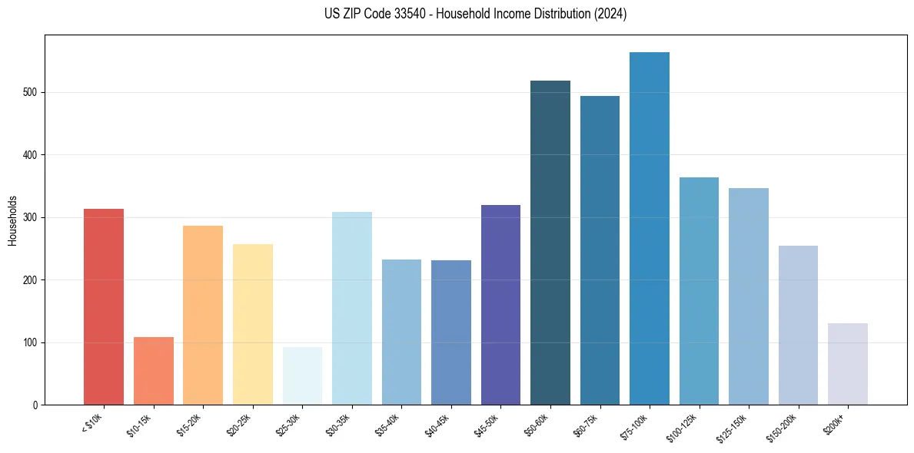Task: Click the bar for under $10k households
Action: pos(104,307)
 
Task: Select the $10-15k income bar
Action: pos(153,371)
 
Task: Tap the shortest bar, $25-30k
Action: pos(302,376)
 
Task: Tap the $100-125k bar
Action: pos(699,291)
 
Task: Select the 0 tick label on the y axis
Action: pos(35,405)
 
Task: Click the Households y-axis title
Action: pos(13,220)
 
